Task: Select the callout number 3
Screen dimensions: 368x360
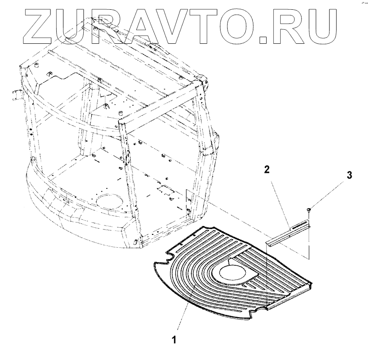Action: pos(349,175)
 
